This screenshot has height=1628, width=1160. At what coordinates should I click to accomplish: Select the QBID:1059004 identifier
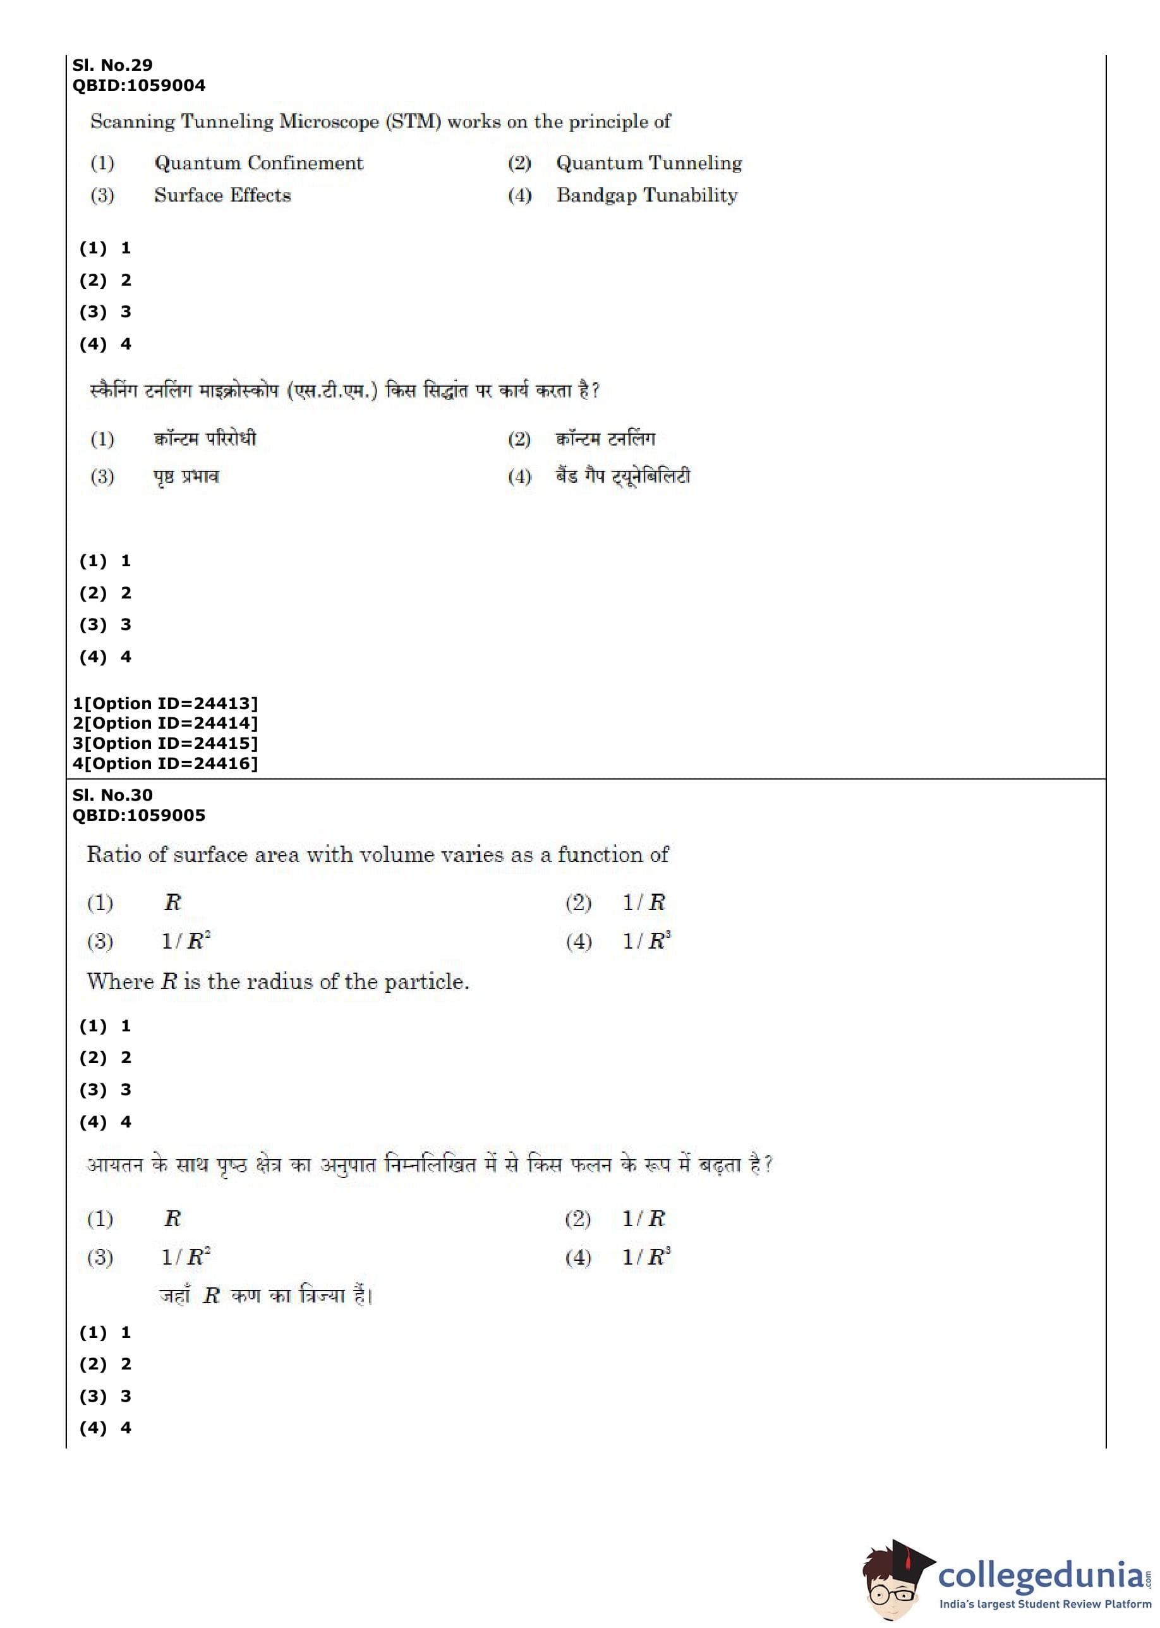138,86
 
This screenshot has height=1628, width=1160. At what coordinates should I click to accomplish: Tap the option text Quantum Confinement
258,163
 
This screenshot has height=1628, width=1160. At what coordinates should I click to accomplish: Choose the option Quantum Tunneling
649,163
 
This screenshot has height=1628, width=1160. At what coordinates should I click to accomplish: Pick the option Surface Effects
222,195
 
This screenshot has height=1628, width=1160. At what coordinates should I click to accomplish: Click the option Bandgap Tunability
646,195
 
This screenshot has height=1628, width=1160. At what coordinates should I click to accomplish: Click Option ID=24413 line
165,703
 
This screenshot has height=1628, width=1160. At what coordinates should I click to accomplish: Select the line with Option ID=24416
165,763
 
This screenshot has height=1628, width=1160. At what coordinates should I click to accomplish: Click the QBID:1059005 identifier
138,816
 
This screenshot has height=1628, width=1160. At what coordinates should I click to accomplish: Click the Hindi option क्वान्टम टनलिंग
605,438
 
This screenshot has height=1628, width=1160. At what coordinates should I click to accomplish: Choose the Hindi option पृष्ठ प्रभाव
186,477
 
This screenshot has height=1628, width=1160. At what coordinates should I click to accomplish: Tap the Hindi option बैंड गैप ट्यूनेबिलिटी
623,476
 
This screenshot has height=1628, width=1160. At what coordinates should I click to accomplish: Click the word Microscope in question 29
329,121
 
